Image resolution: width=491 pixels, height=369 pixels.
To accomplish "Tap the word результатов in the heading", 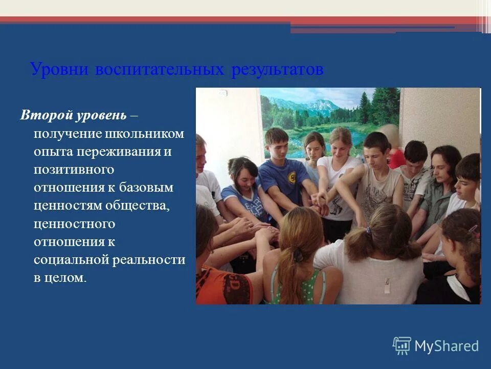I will coord(277,69).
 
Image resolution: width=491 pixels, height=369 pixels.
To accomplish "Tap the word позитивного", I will coord(74,170).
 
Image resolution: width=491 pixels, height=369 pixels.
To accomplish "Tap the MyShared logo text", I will coord(447,346).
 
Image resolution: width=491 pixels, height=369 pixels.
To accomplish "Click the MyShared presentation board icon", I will coord(402,346).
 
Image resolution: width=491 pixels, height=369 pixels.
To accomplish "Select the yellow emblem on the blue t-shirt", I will coord(292,178).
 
